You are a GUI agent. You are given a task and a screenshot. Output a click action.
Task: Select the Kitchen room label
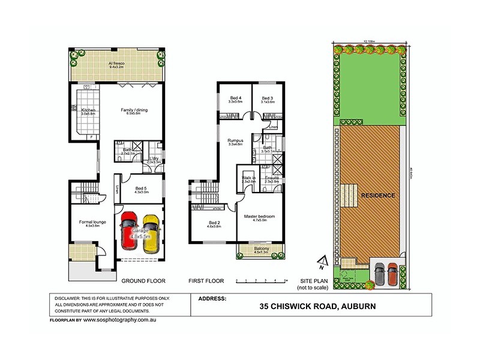tap(88, 111)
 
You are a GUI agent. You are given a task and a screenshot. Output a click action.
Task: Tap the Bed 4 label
tap(235, 99)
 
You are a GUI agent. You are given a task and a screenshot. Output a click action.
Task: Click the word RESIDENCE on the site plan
tap(377, 196)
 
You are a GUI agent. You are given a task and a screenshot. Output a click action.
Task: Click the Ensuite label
tap(272, 179)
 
